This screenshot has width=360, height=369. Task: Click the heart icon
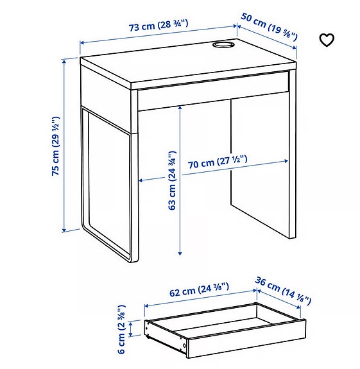(x=327, y=40)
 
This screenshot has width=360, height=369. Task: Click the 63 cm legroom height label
(x=171, y=180)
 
